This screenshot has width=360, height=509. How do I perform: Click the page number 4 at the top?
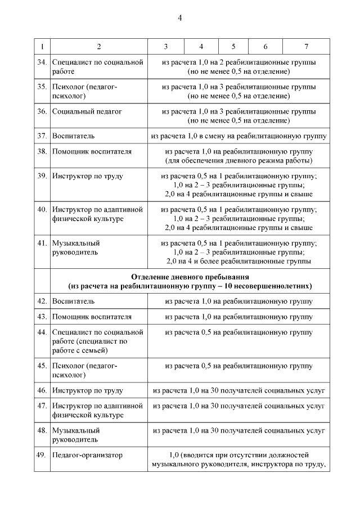click(180, 18)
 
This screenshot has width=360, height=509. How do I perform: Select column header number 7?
click(306, 46)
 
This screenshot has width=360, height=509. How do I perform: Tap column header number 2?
click(99, 46)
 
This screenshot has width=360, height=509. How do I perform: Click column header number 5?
click(233, 46)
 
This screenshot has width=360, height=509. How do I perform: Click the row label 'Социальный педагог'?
click(87, 111)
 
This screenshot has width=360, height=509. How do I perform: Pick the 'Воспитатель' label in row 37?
click(73, 136)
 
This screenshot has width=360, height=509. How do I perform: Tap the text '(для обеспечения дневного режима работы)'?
click(238, 161)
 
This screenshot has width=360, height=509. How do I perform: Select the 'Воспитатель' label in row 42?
click(73, 301)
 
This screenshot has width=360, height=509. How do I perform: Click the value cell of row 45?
click(238, 366)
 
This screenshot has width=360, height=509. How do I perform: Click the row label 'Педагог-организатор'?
click(87, 455)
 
